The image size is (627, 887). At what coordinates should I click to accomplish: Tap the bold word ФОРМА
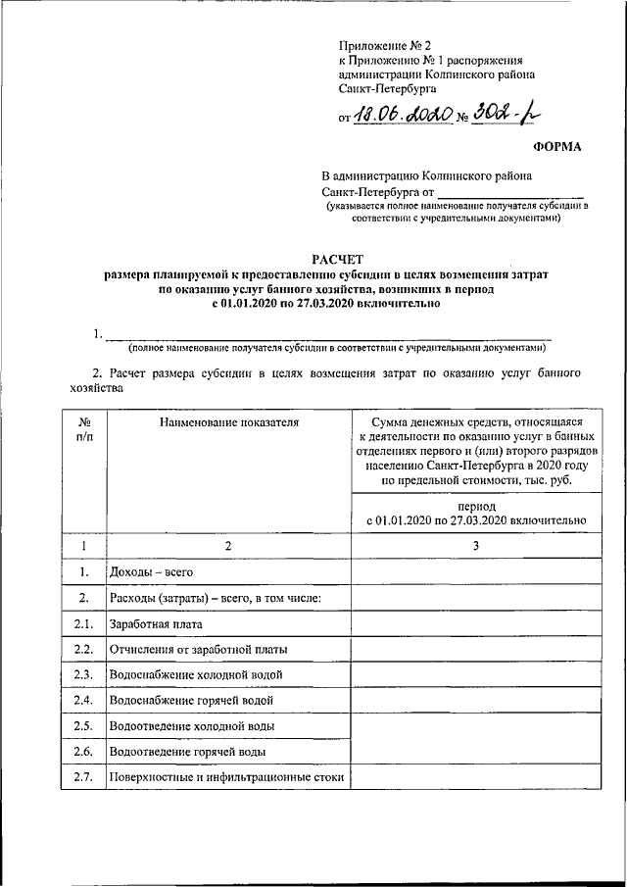tap(556, 147)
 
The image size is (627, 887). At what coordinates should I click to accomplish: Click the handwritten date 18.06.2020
tap(403, 116)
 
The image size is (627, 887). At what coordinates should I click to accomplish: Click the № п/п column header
tap(85, 428)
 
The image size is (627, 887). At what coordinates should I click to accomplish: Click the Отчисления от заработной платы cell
tap(199, 649)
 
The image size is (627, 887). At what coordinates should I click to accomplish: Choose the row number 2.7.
tap(85, 778)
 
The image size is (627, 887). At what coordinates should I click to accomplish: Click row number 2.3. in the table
tap(85, 675)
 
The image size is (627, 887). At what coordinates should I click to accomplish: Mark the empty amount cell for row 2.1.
tap(473, 623)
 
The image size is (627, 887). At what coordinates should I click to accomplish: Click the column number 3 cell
tap(473, 545)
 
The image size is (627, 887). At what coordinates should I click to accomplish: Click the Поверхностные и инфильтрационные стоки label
tap(227, 778)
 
